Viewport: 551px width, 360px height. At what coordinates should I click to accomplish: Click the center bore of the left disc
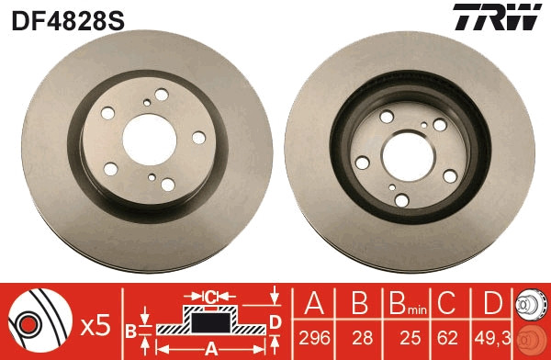(150, 134)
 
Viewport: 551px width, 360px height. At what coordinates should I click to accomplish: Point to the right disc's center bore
(410, 152)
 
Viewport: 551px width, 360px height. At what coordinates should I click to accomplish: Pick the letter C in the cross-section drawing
(210, 297)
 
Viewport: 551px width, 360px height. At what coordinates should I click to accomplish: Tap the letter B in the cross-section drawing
(130, 328)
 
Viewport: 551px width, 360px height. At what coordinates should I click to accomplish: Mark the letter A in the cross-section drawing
(210, 348)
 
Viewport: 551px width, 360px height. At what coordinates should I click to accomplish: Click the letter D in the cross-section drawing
(275, 321)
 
